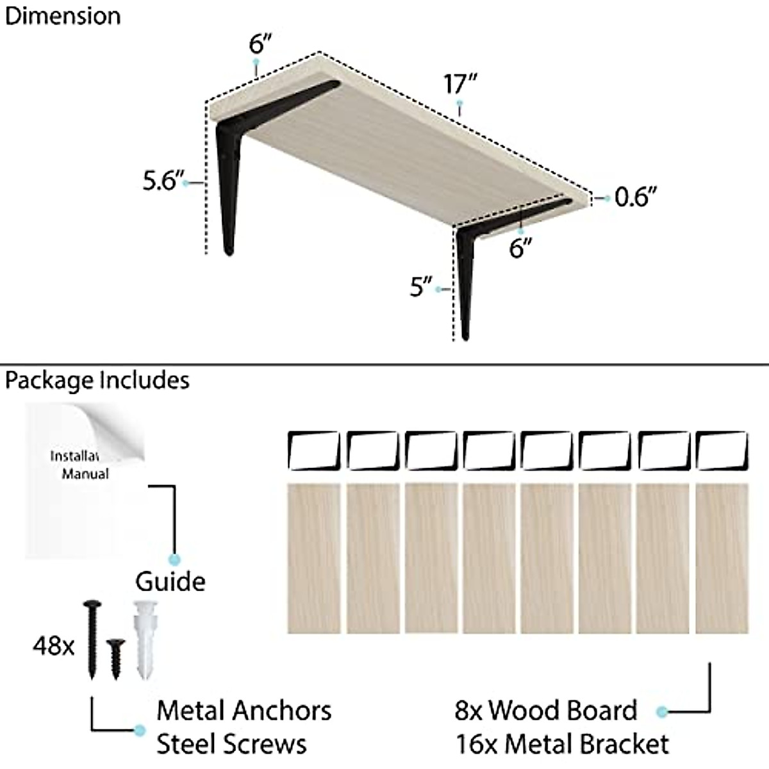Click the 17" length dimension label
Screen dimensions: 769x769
tap(460, 84)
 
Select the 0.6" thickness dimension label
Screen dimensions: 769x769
tap(636, 197)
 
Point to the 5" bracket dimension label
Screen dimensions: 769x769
tap(422, 286)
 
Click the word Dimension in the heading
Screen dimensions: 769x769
tap(62, 16)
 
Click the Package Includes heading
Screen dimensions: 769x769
tap(97, 381)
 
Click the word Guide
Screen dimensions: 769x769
tap(170, 582)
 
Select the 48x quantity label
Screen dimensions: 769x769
tap(54, 646)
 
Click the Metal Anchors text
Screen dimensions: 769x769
tap(244, 711)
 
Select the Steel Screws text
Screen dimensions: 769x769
tap(231, 745)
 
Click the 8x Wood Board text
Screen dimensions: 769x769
tap(546, 711)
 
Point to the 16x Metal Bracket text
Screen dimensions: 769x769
tap(562, 745)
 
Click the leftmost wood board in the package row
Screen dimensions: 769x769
tap(313, 558)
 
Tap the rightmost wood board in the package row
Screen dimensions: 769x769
tap(722, 558)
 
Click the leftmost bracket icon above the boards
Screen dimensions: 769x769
tap(313, 451)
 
